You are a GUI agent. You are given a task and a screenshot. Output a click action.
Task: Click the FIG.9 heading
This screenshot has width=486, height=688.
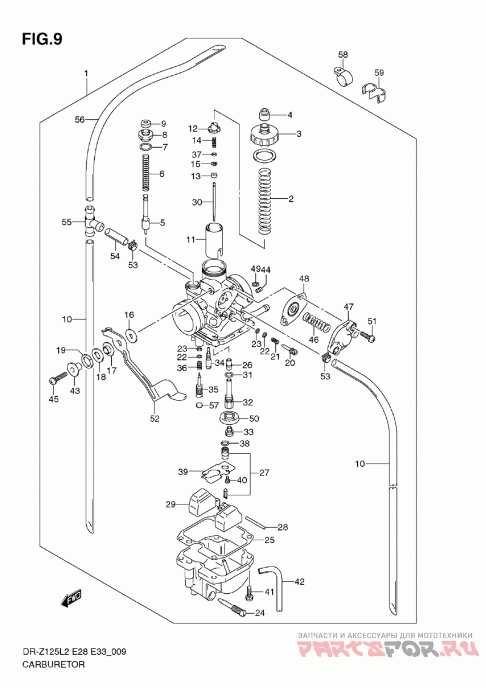pos(42,39)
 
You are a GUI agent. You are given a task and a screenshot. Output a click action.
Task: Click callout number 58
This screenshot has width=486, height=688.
pos(343,55)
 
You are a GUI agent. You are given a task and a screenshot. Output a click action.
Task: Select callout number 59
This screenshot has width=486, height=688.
pos(379,72)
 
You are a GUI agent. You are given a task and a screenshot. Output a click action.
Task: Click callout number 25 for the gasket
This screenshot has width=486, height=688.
pos(269,540)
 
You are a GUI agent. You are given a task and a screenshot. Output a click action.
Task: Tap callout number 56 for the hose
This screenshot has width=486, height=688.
pos(80,119)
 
